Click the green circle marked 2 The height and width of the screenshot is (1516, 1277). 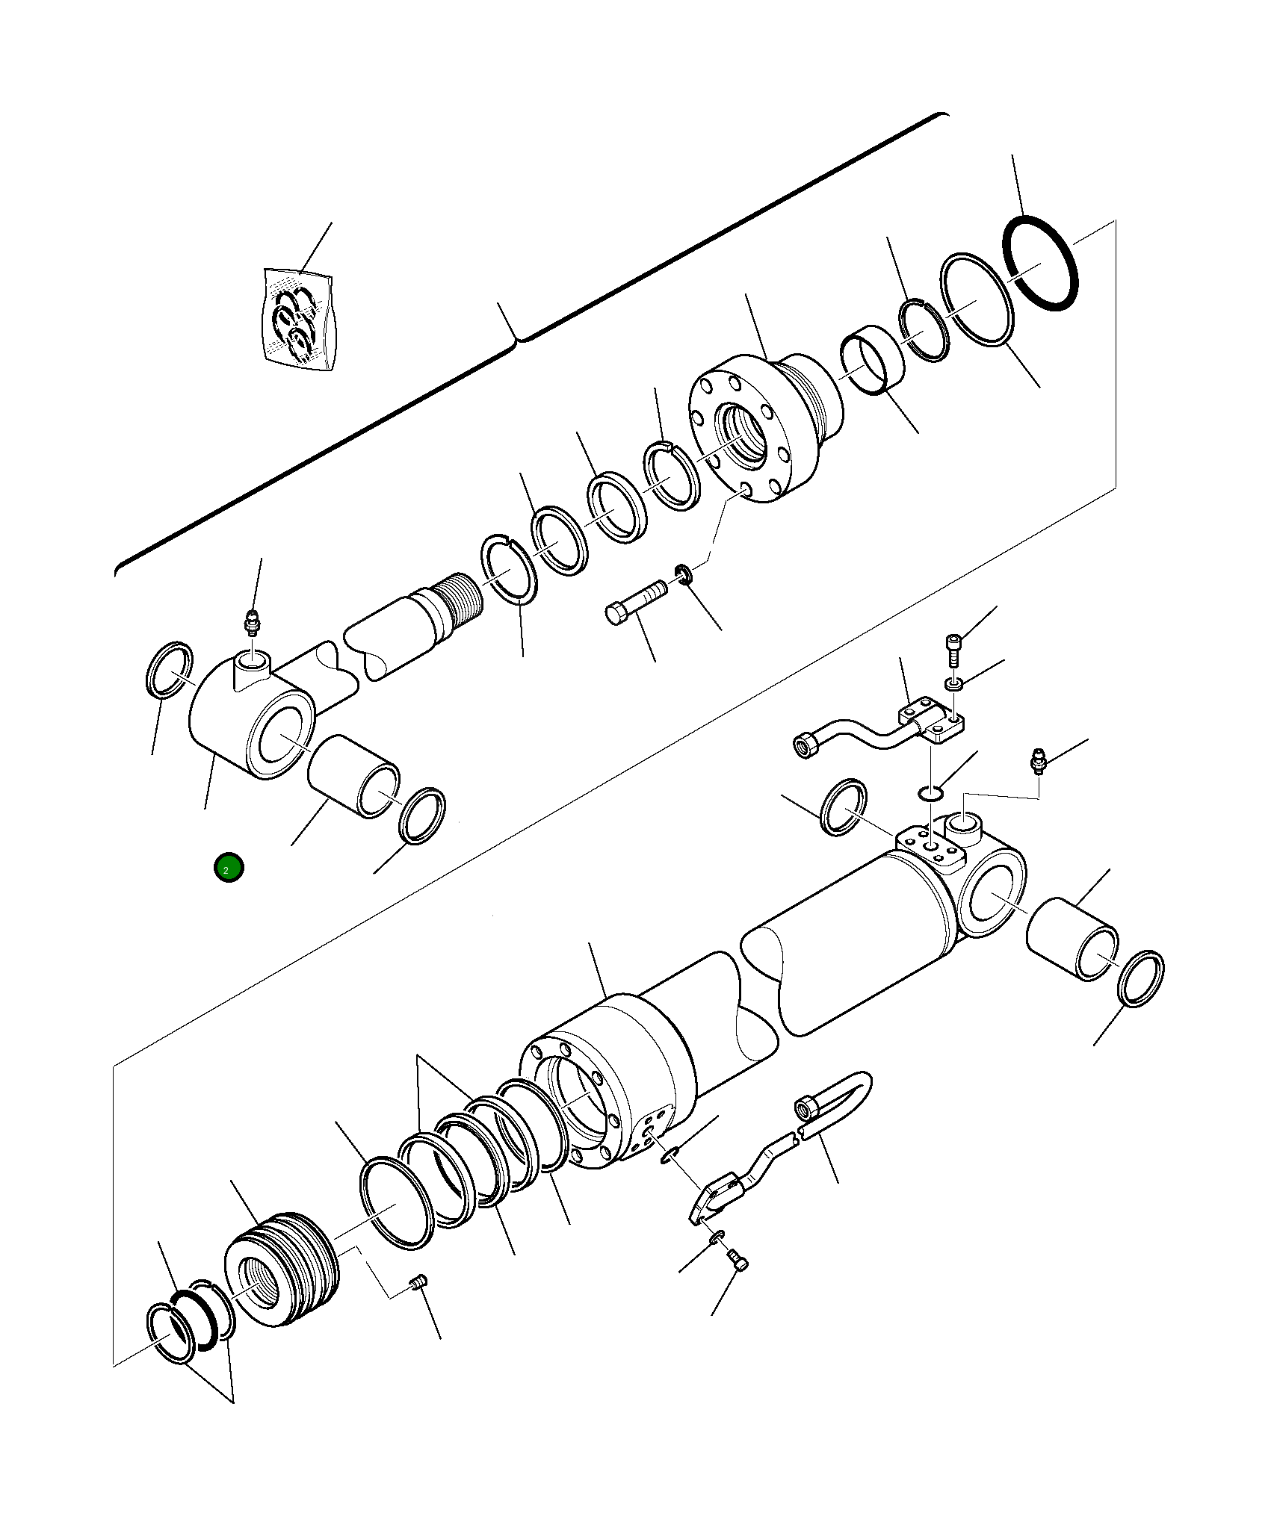pyautogui.click(x=229, y=867)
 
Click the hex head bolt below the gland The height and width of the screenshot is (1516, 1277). pyautogui.click(x=634, y=603)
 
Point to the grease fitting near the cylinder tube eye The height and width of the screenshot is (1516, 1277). pyautogui.click(x=1037, y=759)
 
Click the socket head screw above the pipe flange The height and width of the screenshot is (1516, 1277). pyautogui.click(x=953, y=649)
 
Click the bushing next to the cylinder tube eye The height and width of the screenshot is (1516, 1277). pyautogui.click(x=1072, y=939)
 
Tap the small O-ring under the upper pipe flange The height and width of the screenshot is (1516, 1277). pyautogui.click(x=928, y=793)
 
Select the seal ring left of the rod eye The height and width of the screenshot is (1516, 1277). pyautogui.click(x=168, y=669)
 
